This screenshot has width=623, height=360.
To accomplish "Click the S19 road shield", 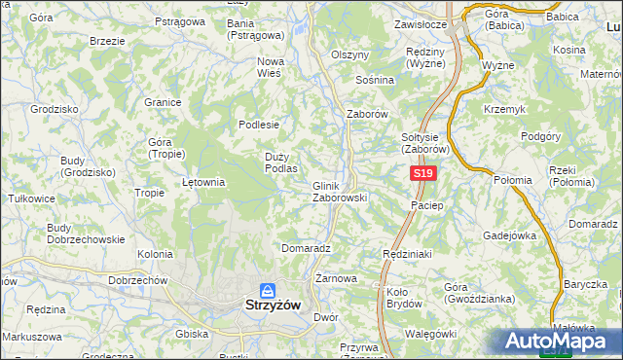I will coord(421,173).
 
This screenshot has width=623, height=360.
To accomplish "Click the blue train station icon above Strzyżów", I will coord(267,289).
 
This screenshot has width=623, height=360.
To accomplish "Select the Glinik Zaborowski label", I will coord(338,191).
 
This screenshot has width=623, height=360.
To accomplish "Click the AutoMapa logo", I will coord(557,342).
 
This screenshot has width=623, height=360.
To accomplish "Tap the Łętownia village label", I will coord(204,181).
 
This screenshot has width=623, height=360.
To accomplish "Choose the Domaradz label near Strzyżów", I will coord(306,248).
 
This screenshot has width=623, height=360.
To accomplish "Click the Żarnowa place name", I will coord(336,278).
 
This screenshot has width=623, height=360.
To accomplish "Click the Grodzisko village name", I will coord(54,109).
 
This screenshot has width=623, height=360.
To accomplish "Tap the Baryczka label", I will coord(583,284).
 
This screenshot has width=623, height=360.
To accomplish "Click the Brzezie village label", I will coord(106,42).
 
